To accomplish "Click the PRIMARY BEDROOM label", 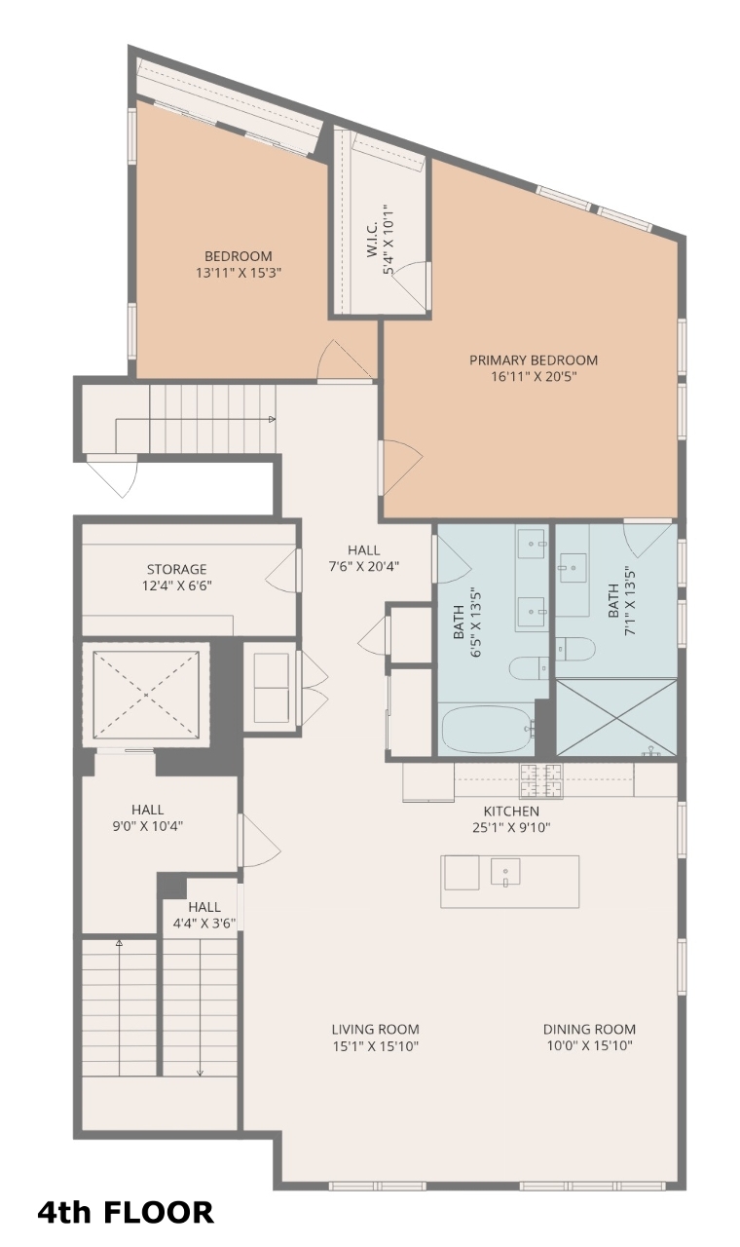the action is pos(533,360).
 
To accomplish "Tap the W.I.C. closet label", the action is pos(373,239).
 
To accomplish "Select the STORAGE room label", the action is pos(177,569).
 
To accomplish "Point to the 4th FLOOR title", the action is pos(126,1212).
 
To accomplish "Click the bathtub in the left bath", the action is pos(489,729).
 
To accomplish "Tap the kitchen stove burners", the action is pos(541,780).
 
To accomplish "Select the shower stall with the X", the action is pos(616,718).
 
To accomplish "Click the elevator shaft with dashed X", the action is pos(146,695).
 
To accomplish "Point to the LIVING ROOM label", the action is pos(376,1030).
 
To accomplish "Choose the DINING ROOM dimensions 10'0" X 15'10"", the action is pos(590,1045).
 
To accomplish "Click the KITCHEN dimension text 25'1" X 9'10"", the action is pos(511,827).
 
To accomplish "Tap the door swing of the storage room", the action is pos(281,572).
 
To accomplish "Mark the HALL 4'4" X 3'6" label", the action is pos(204,915).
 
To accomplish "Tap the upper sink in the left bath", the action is pos(532,544).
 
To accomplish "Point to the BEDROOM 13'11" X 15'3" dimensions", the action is pos(239,273).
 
